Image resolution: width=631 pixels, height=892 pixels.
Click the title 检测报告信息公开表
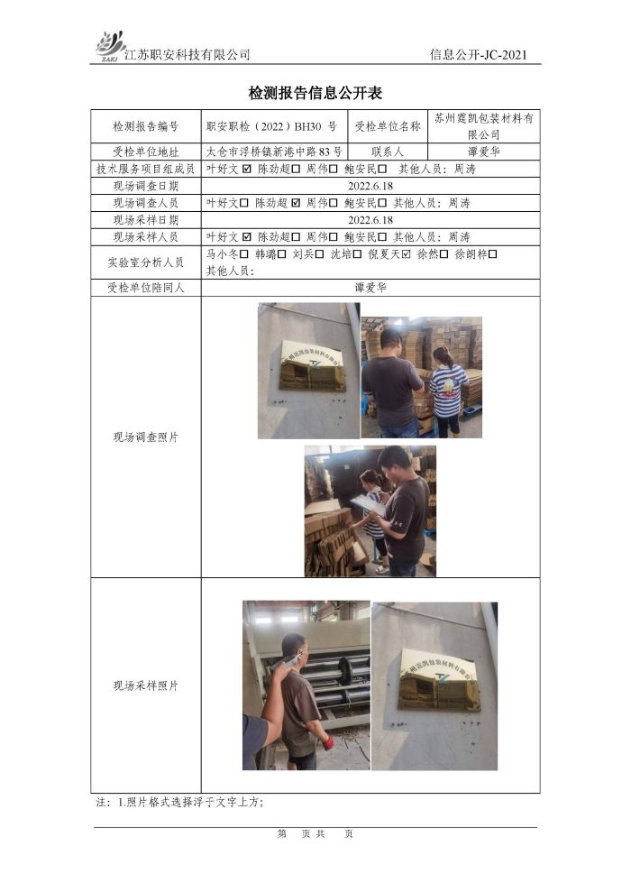click(x=315, y=93)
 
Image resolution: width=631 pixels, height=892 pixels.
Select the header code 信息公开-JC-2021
click(x=478, y=55)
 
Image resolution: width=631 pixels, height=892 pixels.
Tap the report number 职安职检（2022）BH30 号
click(x=271, y=126)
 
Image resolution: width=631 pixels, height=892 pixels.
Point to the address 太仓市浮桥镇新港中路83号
click(x=274, y=152)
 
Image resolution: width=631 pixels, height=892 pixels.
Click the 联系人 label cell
click(x=387, y=152)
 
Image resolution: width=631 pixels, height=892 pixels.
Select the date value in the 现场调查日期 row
click(x=370, y=186)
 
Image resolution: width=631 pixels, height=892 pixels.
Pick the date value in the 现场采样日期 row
click(x=370, y=220)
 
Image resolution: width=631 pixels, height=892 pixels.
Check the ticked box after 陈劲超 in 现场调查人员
click(x=296, y=203)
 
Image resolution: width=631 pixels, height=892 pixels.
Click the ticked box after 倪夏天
click(x=406, y=254)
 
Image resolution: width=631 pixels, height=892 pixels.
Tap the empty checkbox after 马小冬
click(x=244, y=254)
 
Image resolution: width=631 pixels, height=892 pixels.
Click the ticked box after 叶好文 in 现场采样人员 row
click(x=246, y=237)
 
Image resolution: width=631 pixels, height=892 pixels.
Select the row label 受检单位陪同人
click(x=145, y=288)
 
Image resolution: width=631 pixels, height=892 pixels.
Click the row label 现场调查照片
click(x=145, y=437)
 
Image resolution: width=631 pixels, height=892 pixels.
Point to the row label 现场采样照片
click(x=145, y=685)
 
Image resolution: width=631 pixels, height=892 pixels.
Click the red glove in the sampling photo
click(x=327, y=742)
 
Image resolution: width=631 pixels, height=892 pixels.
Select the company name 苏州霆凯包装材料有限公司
click(x=484, y=126)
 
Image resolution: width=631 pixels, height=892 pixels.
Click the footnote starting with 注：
click(x=179, y=802)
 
